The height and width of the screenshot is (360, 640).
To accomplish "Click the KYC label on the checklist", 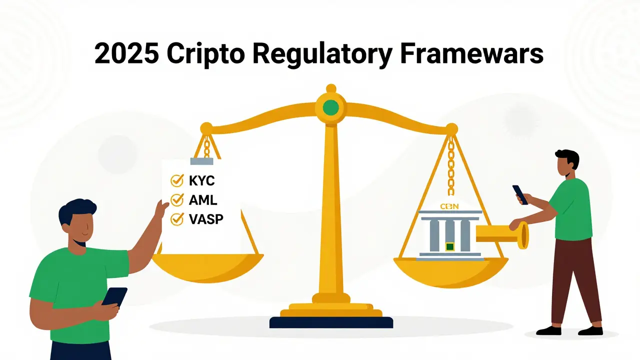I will (x=201, y=181).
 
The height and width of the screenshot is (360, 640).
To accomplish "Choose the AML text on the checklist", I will (x=202, y=200).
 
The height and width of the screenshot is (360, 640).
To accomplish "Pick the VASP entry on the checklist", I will (x=206, y=219).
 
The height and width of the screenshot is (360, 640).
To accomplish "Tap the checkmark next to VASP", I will (x=176, y=218).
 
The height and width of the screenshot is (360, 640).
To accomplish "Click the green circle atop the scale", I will (x=330, y=107).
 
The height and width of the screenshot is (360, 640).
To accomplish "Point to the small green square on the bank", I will (x=450, y=246).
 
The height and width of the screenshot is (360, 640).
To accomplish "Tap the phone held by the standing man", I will (x=520, y=194).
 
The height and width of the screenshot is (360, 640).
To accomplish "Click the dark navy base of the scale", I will (x=331, y=322).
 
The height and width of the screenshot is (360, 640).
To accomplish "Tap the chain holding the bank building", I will (x=450, y=167).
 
